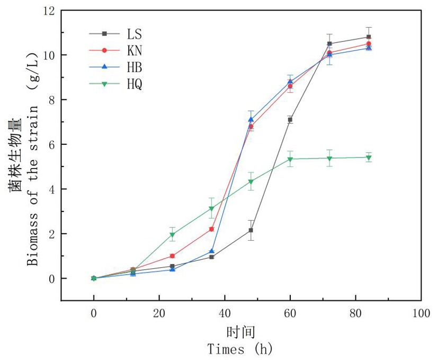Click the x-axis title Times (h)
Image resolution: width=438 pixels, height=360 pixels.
[x=240, y=349]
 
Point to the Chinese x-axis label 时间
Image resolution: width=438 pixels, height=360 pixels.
[x=241, y=332]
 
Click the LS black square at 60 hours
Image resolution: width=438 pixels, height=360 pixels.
[x=290, y=120]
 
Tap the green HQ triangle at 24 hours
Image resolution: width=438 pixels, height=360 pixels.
[x=172, y=235]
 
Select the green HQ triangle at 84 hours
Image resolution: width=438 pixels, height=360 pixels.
[x=369, y=157]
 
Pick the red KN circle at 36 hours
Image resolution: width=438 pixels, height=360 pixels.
[x=211, y=229]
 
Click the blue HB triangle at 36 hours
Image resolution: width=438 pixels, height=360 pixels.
[x=211, y=251]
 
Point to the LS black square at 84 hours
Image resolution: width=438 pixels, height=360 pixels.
[x=369, y=37]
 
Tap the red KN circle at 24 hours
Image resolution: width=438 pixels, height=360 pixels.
[x=172, y=256]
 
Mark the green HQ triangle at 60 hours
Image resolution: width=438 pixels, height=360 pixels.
[x=290, y=159]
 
